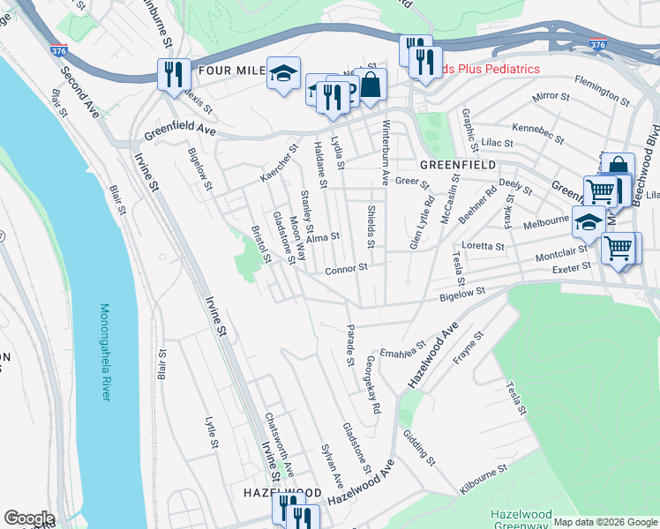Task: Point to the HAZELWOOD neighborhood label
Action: [282, 492]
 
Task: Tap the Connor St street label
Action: [345, 271]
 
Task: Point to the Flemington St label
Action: [601, 84]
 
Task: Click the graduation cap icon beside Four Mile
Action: [284, 73]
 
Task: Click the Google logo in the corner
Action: [29, 518]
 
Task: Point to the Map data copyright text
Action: [604, 522]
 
